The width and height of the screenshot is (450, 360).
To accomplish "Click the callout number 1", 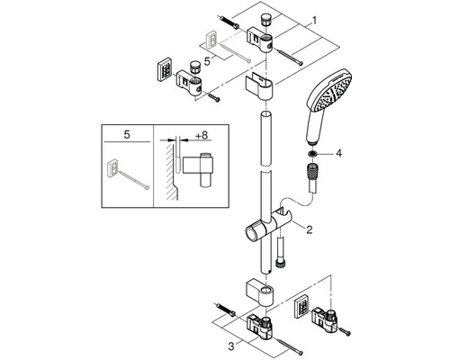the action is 314,21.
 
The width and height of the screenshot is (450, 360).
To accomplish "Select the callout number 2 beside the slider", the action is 309,230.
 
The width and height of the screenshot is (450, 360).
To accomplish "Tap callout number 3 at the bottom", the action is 230,346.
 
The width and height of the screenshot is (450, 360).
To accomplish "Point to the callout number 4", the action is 338,154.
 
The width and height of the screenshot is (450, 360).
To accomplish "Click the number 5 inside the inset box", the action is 127,135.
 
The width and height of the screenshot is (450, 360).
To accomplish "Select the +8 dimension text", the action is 202,135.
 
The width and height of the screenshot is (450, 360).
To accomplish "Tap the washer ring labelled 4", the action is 313,154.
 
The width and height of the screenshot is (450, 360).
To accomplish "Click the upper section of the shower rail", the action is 266,138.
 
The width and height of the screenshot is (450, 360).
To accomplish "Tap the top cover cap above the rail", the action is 260,85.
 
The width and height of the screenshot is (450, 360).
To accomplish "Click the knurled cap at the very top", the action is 265,20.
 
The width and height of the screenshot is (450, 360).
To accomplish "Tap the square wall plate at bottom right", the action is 302,307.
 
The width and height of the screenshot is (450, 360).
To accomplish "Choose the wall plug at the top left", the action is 229,22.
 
